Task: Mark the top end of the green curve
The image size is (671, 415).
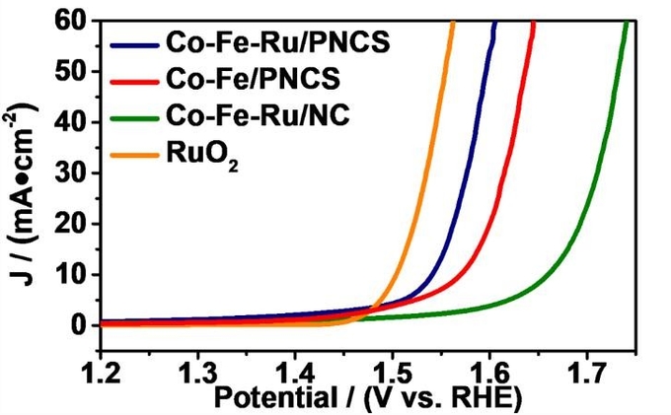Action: tap(627, 23)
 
